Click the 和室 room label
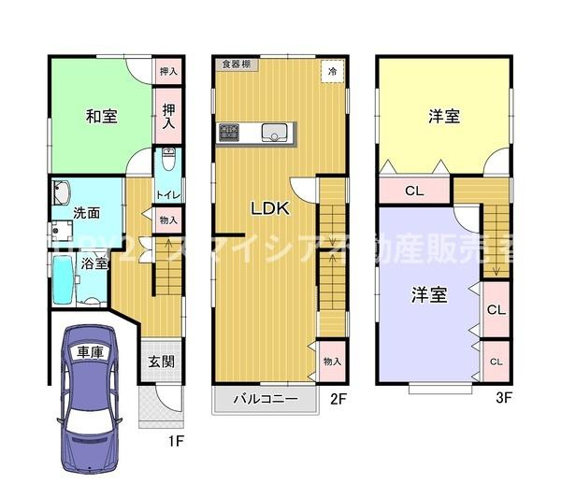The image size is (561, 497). [101, 117]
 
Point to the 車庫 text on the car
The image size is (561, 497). [90, 353]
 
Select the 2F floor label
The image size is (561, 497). [338, 398]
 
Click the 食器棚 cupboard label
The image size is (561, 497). [236, 64]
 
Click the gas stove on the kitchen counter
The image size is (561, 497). [230, 132]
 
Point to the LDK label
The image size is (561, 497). [269, 209]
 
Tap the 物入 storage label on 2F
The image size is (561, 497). [332, 361]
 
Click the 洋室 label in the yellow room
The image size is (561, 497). [443, 117]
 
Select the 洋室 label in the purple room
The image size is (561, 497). [429, 295]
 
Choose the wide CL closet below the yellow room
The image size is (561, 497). [413, 192]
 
